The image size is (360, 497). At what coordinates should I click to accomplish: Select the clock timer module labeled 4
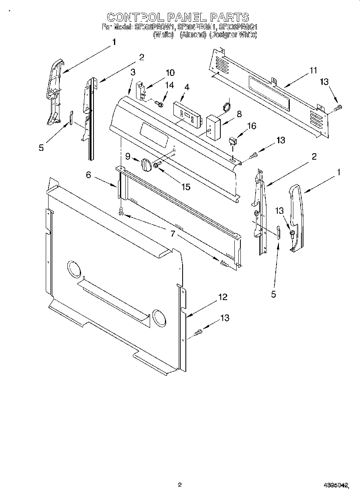click(x=187, y=114)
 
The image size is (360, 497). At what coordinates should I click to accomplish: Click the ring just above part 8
click(x=227, y=106)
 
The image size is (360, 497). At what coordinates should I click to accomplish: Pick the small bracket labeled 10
click(x=141, y=91)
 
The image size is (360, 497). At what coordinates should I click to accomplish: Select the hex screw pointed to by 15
click(x=156, y=164)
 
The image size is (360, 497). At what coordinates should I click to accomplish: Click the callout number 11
click(x=313, y=71)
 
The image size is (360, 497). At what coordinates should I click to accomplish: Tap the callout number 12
click(x=223, y=297)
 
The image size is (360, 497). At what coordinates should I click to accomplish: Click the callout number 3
click(x=133, y=72)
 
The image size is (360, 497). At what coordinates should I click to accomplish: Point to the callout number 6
click(x=88, y=174)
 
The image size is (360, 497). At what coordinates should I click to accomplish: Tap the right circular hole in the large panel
click(x=159, y=317)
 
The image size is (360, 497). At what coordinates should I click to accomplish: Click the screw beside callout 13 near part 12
click(x=198, y=332)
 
